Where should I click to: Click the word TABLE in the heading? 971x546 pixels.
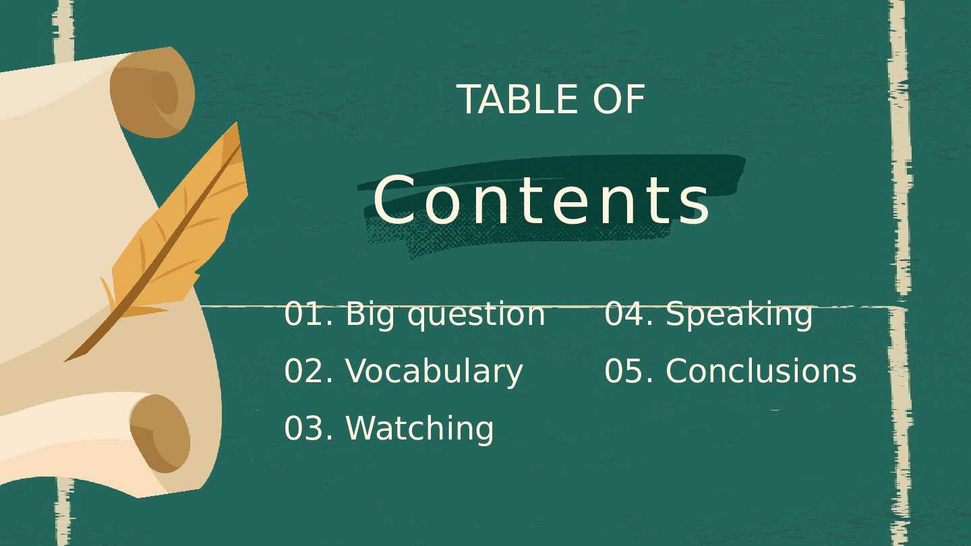click(517, 100)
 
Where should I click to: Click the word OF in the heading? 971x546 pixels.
click(619, 100)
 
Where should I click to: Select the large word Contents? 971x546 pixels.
click(541, 200)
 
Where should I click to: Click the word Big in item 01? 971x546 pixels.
click(370, 315)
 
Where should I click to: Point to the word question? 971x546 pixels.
click(475, 315)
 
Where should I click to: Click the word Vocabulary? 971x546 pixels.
click(434, 372)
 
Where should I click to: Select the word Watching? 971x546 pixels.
click(419, 429)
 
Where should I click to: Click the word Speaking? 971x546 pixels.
click(739, 315)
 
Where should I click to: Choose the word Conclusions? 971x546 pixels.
click(761, 371)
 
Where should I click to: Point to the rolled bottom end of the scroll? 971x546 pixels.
click(160, 434)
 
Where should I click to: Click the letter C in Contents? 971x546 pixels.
click(394, 200)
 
